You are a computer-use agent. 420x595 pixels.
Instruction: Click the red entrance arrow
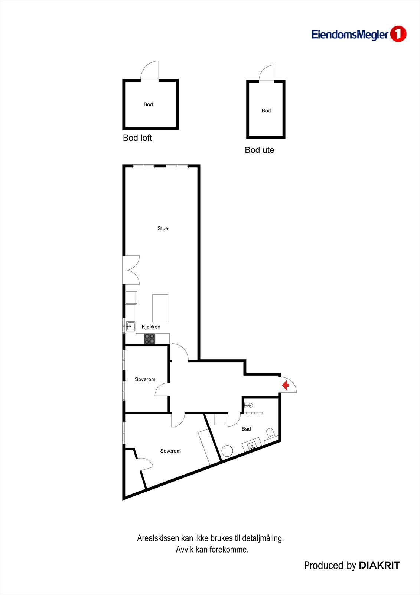(286, 385)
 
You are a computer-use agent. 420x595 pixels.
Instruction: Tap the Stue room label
(163, 228)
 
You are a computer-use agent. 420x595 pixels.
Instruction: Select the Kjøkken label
(151, 327)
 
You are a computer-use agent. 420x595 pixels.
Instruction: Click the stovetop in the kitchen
(150, 339)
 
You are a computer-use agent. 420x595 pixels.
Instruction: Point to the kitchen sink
(130, 327)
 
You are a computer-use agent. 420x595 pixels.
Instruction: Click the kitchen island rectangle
(160, 308)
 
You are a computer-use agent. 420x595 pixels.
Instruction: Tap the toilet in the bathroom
(271, 433)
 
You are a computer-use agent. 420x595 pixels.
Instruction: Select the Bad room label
(246, 429)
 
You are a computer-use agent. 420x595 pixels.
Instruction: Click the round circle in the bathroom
(227, 451)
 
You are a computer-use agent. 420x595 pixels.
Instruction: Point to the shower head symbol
(247, 405)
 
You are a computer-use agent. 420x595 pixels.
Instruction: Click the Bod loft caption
(137, 138)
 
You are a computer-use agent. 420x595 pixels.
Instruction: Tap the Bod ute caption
(260, 150)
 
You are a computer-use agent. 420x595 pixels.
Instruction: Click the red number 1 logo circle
(398, 34)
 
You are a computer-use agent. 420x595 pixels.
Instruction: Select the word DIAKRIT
(379, 566)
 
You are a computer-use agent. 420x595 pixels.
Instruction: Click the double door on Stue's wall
(131, 270)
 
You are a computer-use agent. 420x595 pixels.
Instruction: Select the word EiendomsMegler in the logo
(350, 35)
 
